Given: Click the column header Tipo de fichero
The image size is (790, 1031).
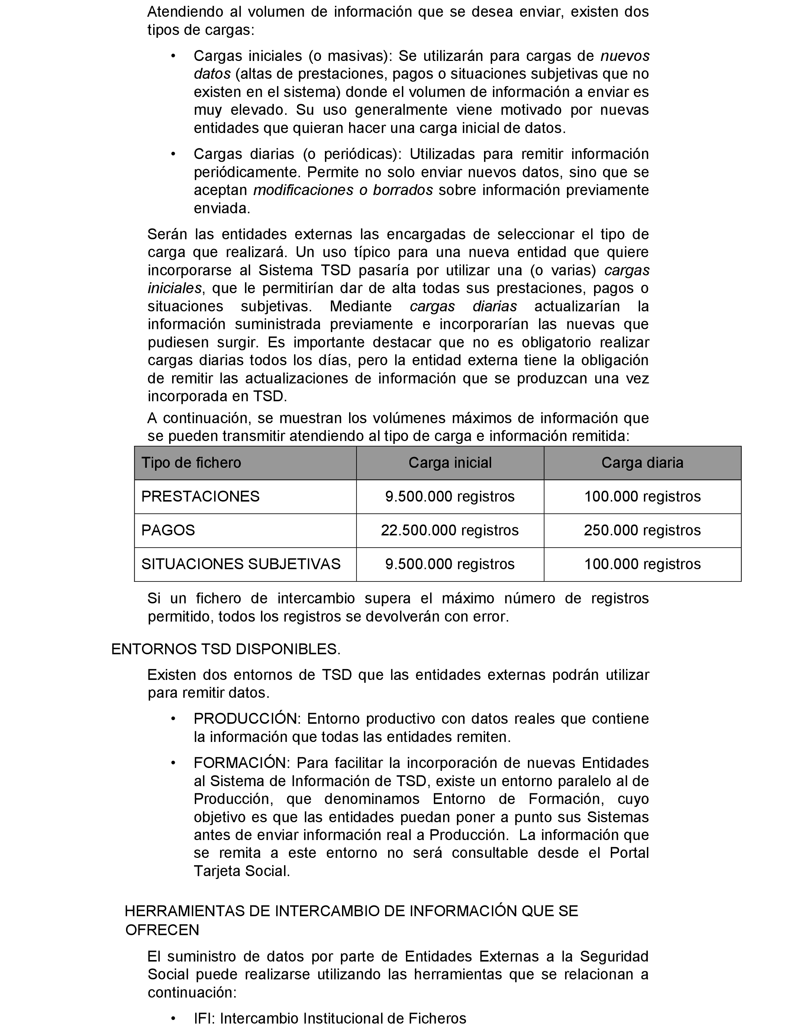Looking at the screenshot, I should click(x=191, y=463).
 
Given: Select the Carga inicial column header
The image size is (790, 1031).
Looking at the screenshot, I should click(x=449, y=463).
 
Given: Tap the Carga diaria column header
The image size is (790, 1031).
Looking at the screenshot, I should click(x=642, y=463).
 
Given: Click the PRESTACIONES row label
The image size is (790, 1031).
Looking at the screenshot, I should click(x=200, y=497).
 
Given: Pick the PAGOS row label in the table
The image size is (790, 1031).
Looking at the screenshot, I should click(x=168, y=531).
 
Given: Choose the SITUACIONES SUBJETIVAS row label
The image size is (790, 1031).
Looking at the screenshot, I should click(x=241, y=564).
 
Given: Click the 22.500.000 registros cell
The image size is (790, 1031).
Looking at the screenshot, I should click(x=449, y=531).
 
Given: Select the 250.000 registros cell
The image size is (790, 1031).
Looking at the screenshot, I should click(x=642, y=531).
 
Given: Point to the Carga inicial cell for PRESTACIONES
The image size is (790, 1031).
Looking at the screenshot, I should click(x=449, y=497).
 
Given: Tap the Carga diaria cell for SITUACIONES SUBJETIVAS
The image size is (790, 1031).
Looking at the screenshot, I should click(x=642, y=564).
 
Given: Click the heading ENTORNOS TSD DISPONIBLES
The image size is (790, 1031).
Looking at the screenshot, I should click(x=226, y=649).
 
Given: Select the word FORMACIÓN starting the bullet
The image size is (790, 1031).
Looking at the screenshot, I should click(x=240, y=763).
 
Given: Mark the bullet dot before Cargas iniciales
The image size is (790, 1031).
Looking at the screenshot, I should click(x=173, y=56).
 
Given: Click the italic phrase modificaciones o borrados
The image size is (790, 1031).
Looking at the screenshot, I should click(x=343, y=190).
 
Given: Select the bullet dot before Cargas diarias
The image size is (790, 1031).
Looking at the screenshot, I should click(x=173, y=154).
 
